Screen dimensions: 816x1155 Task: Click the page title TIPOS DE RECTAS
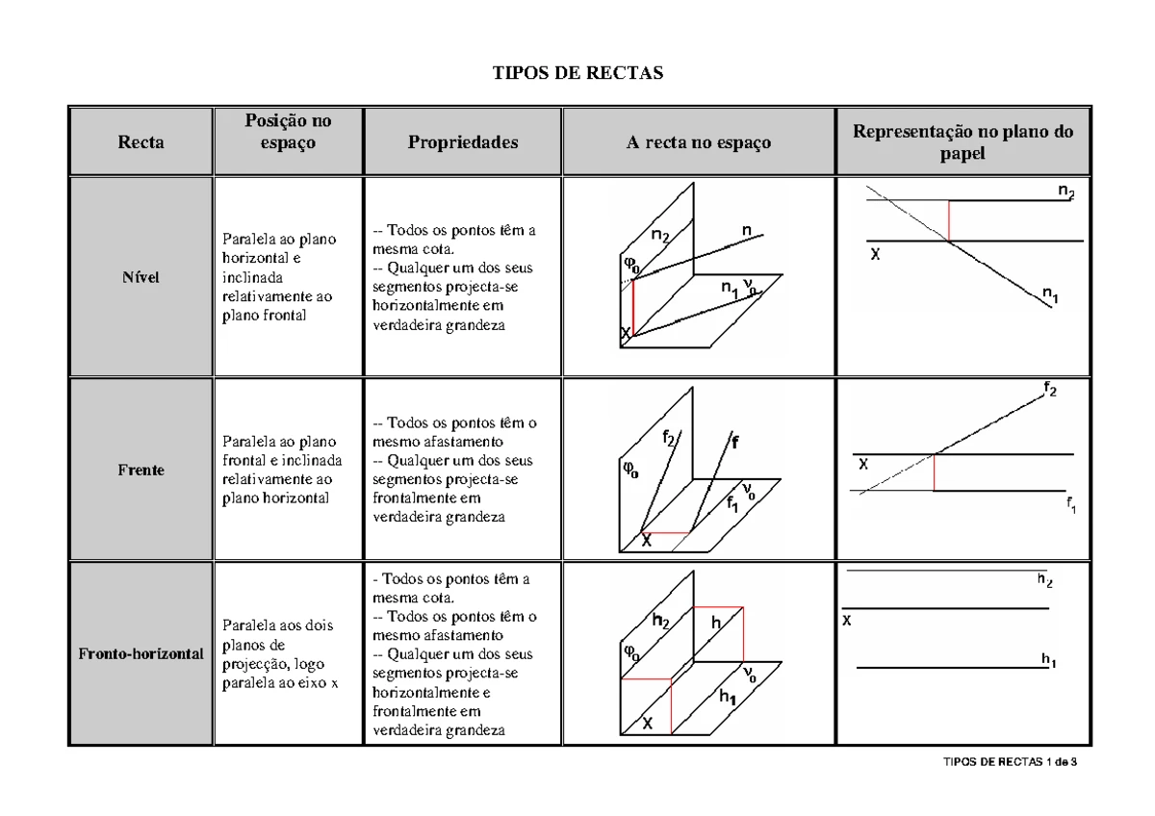[577, 73]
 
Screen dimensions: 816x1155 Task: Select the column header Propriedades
[463, 142]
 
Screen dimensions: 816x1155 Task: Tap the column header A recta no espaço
[699, 143]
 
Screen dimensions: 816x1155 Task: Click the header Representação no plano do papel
[962, 142]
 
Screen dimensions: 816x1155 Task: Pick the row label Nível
[141, 277]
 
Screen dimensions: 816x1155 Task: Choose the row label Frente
[141, 471]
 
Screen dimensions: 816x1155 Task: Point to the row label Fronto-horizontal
[141, 653]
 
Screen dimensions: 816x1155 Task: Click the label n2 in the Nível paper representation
[1066, 191]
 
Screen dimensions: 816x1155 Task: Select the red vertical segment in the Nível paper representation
[950, 220]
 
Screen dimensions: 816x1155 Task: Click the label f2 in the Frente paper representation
[1051, 389]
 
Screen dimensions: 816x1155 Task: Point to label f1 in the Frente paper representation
[1071, 505]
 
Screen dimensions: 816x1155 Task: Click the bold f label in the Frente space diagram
[735, 444]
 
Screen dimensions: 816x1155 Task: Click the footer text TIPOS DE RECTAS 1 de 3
[1010, 763]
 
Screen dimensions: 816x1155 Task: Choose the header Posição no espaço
[288, 132]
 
